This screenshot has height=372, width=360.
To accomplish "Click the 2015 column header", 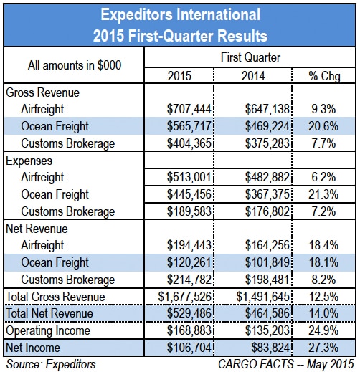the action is pyautogui.click(x=179, y=76).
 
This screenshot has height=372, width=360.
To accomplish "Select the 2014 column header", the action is pyautogui.click(x=253, y=76).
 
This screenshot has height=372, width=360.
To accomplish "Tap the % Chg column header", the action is pyautogui.click(x=324, y=77).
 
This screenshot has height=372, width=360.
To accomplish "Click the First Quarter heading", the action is pyautogui.click(x=250, y=57).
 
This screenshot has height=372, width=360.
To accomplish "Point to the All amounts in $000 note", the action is pyautogui.click(x=75, y=65).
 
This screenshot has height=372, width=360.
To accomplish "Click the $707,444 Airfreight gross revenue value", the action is pyautogui.click(x=189, y=109).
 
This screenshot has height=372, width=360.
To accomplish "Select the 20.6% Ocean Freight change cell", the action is pyautogui.click(x=323, y=126).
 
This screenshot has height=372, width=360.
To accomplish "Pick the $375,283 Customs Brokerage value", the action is pyautogui.click(x=267, y=143).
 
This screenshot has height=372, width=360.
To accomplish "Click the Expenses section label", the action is pyautogui.click(x=29, y=161).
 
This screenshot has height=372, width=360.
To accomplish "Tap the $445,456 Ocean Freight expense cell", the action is pyautogui.click(x=189, y=194).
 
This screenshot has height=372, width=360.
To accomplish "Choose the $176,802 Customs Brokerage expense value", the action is pyautogui.click(x=267, y=211).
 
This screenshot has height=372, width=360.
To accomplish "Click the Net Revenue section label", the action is pyautogui.click(x=37, y=229).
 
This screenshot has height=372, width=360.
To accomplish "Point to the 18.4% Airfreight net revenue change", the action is pyautogui.click(x=323, y=245).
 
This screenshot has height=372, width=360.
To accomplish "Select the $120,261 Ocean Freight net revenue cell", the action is pyautogui.click(x=189, y=262).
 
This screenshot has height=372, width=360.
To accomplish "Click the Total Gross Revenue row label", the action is pyautogui.click(x=55, y=297).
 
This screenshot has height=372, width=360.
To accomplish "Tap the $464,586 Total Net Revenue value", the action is pyautogui.click(x=267, y=313).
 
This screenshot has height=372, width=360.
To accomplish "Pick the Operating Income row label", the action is pyautogui.click(x=48, y=331).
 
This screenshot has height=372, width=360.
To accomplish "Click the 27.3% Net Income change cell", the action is pyautogui.click(x=323, y=348).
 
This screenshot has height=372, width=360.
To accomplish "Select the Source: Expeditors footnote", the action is pyautogui.click(x=51, y=365).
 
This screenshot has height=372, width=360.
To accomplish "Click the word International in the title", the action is pyautogui.click(x=218, y=14).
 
